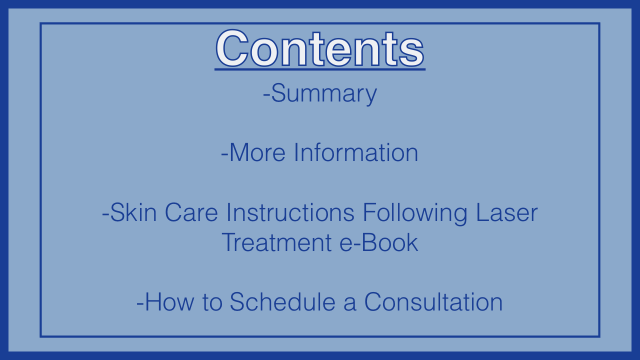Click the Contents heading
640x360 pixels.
[x=320, y=48]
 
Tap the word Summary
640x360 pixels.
[x=324, y=93]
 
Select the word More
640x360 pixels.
[x=257, y=152]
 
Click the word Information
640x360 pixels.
[x=356, y=152]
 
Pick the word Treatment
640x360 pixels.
[x=276, y=242]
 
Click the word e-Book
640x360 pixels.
[x=379, y=242]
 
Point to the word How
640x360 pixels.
[x=169, y=301]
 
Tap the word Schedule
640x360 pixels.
[x=282, y=301]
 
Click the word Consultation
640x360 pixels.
[x=433, y=301]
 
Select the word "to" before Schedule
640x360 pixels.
[x=212, y=302]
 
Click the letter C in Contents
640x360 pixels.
[x=232, y=48]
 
